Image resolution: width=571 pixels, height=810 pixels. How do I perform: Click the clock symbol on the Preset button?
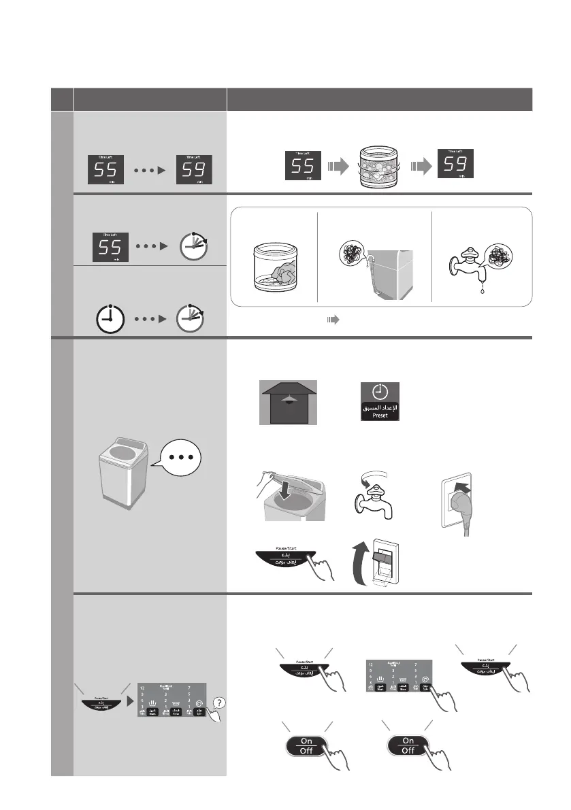380,392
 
